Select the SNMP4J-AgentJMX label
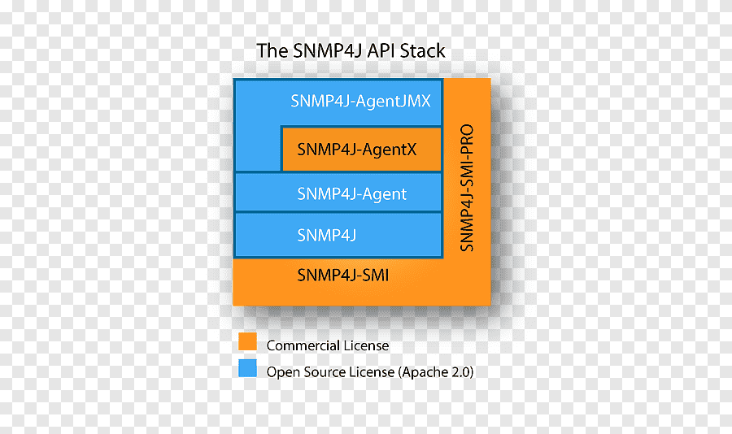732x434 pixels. pos(360,102)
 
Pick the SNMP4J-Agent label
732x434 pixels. pos(351,194)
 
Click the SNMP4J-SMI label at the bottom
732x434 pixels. pos(342,276)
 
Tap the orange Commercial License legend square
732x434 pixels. pos(247,341)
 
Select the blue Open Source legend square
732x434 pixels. pos(247,367)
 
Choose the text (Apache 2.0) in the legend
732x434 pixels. pos(436,372)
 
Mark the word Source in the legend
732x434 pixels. pos(319,372)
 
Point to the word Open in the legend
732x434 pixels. pos(281,372)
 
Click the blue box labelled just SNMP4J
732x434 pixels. pos(337,235)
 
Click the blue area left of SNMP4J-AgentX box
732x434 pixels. pos(257,149)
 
